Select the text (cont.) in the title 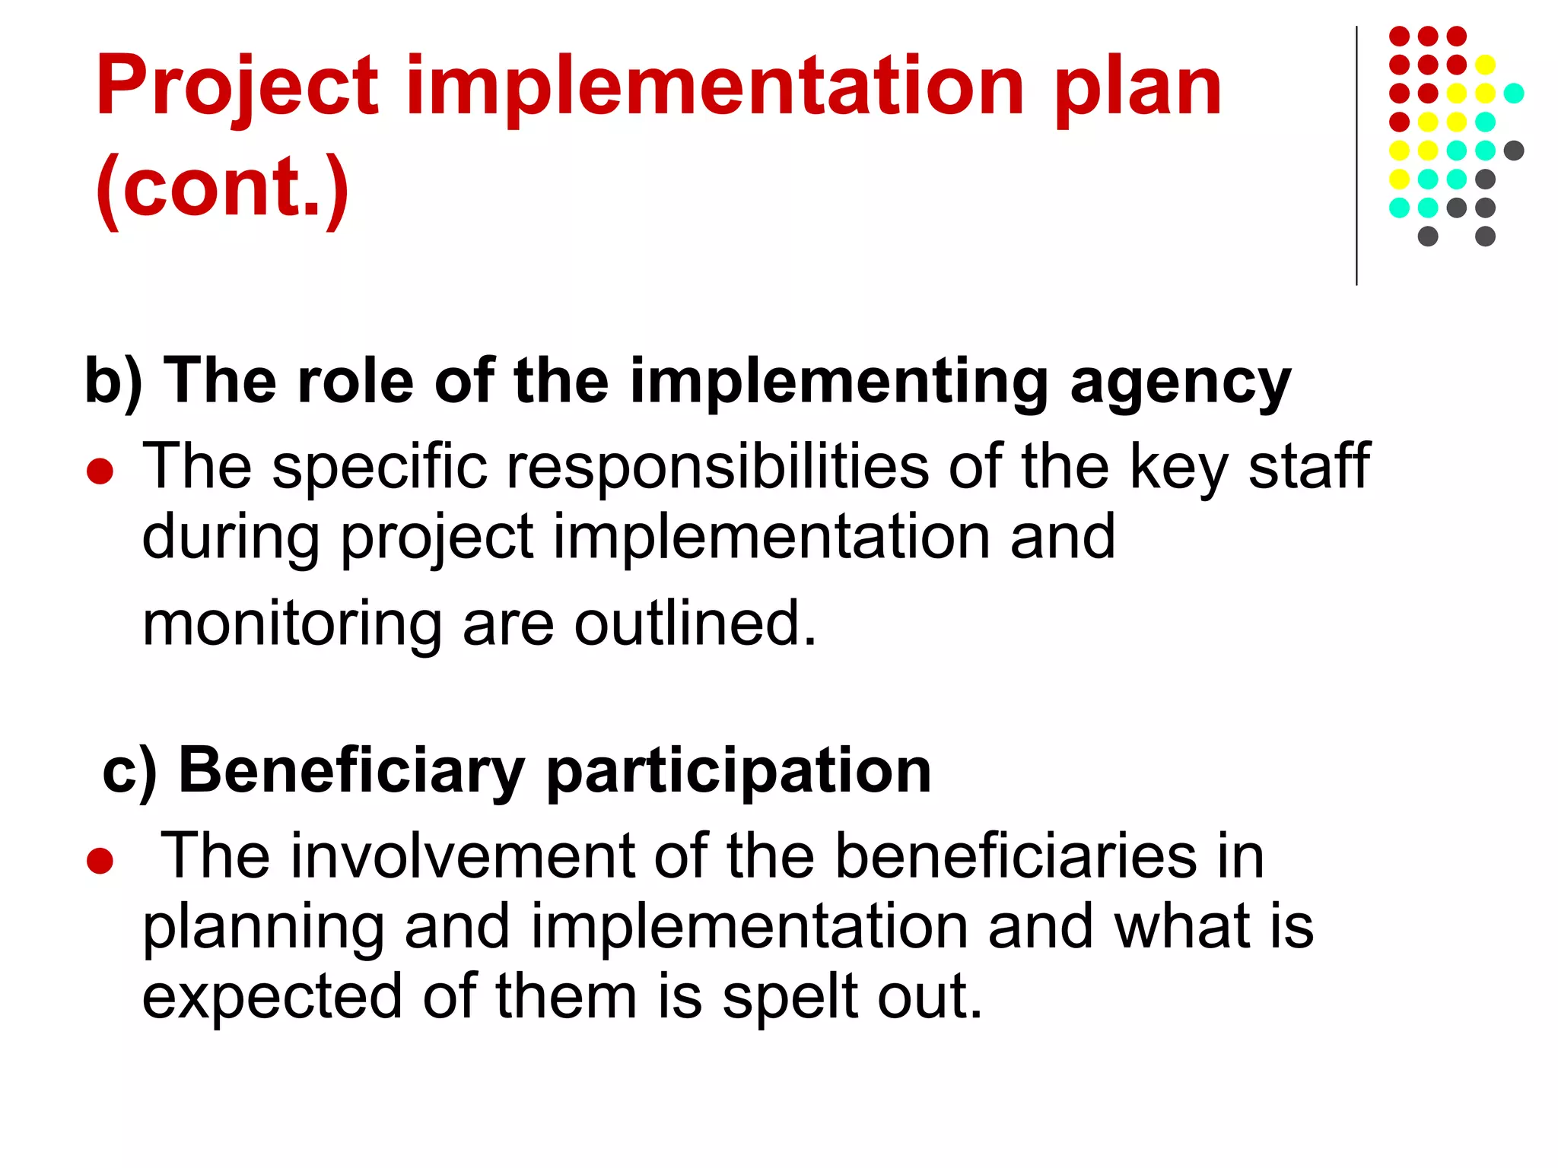[x=222, y=187]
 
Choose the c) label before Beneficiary [x=129, y=771]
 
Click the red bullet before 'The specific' [x=100, y=471]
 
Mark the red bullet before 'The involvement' [x=100, y=862]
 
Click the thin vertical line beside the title [x=1356, y=156]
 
